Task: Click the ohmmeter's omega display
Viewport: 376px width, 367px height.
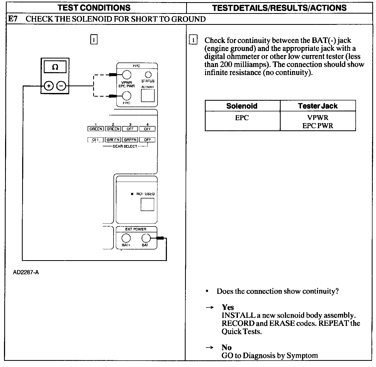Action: [55, 67]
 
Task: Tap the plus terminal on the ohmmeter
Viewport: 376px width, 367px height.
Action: [49, 86]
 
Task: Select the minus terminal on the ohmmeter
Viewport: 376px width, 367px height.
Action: [61, 86]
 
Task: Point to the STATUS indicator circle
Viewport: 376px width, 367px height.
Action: [148, 75]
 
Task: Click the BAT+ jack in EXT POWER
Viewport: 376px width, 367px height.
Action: [126, 238]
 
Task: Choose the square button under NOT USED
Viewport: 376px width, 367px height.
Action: [147, 204]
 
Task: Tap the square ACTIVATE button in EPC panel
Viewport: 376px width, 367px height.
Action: [148, 95]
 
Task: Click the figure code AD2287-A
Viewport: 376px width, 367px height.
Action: [26, 272]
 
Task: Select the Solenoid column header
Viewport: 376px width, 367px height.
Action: [242, 106]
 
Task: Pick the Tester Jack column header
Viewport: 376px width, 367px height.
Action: [318, 106]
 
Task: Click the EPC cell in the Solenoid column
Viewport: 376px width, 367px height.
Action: [242, 118]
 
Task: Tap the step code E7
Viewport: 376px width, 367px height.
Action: [13, 19]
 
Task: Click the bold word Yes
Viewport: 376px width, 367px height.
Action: [228, 307]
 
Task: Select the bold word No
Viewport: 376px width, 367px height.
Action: [226, 347]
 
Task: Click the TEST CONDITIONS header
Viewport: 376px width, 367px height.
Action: [94, 7]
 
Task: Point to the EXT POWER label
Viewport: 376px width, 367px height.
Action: [136, 229]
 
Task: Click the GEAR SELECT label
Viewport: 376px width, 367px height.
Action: [125, 146]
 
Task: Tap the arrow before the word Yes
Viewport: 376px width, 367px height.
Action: [210, 307]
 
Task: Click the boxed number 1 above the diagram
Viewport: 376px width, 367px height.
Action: [94, 40]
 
